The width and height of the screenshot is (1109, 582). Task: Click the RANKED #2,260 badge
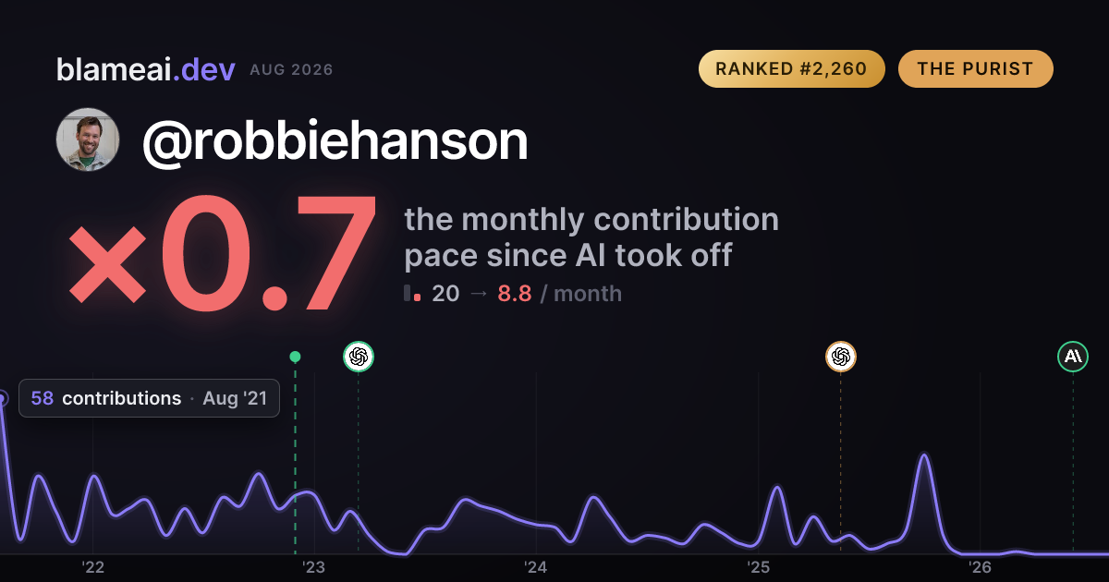point(792,68)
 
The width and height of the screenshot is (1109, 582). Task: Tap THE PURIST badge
point(975,68)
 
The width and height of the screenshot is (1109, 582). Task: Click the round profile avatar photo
point(88,139)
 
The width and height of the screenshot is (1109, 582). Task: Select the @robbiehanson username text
point(335,142)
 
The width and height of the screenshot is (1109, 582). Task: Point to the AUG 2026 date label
point(291,70)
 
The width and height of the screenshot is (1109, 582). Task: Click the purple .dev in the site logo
point(203,70)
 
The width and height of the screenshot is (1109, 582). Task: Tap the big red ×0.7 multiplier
point(223,252)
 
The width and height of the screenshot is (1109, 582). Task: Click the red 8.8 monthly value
point(515,294)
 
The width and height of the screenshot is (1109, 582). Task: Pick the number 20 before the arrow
point(445,294)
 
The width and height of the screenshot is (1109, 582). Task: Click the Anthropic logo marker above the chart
point(1073,357)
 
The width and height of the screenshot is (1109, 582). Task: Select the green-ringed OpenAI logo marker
point(359,357)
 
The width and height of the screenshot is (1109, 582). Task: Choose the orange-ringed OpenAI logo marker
point(841,357)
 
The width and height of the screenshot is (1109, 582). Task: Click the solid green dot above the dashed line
point(295,357)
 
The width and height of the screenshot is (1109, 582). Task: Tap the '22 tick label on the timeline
point(92,567)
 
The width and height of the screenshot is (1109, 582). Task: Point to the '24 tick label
point(536,567)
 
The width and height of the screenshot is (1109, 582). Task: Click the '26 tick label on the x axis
point(980,567)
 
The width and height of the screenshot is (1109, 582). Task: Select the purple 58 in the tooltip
point(43,398)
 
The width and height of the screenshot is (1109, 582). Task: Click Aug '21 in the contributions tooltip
point(235,398)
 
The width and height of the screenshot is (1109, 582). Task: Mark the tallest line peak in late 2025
point(924,454)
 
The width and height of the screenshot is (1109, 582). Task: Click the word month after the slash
point(588,294)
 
